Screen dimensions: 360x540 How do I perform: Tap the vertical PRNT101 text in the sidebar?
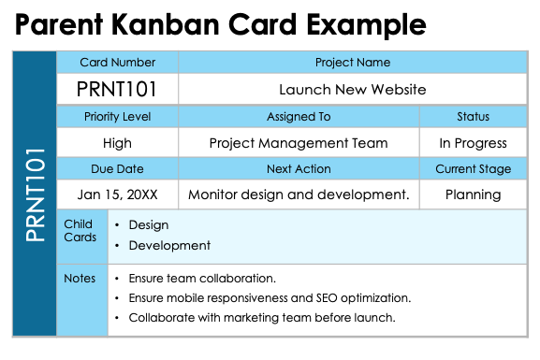(36, 194)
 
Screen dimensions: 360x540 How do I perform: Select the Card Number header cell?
(118, 63)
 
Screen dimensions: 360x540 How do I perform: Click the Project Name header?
(352, 63)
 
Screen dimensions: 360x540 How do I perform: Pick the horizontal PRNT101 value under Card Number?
(118, 90)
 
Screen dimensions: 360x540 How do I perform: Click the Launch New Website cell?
(352, 90)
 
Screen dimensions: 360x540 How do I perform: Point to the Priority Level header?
(118, 117)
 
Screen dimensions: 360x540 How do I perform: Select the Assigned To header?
(299, 117)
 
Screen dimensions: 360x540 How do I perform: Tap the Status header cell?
(473, 117)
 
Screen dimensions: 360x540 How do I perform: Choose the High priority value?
(118, 143)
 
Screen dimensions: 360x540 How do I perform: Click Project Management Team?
(299, 143)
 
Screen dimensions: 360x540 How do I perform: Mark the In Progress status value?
(473, 143)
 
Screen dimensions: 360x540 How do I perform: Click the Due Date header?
(118, 169)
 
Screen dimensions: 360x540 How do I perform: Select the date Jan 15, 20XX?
(118, 194)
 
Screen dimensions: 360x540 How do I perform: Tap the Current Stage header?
(473, 169)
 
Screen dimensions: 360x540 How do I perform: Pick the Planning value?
(473, 194)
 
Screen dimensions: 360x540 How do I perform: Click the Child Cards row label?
(80, 231)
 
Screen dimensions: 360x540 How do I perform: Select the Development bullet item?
(169, 245)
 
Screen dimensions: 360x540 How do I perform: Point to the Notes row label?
(80, 278)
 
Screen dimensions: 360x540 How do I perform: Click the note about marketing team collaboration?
(261, 317)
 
